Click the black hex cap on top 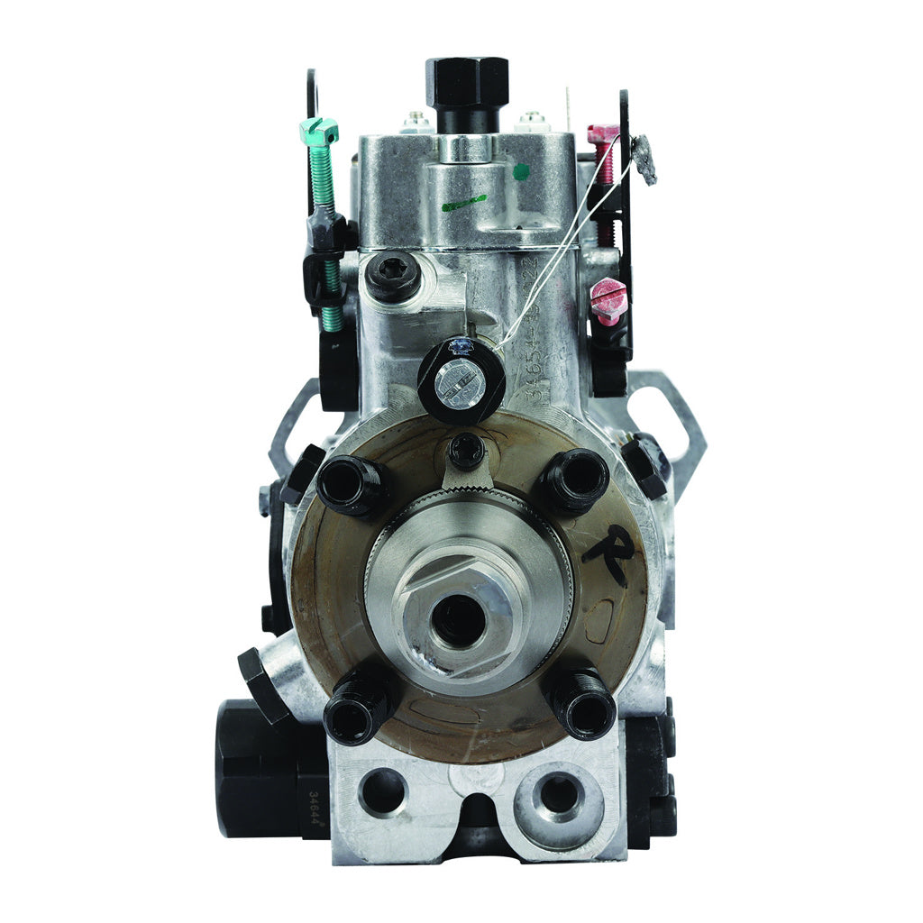(467, 82)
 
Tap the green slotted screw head (319, 131)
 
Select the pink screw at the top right (603, 135)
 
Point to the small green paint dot (521, 170)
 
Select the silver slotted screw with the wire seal (460, 383)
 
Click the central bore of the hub (459, 619)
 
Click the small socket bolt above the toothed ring (466, 448)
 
